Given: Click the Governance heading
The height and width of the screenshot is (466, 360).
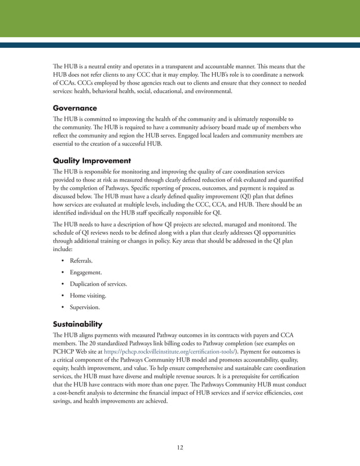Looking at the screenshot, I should coord(74,108).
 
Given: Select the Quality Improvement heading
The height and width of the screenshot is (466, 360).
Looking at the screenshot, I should coord(91,160).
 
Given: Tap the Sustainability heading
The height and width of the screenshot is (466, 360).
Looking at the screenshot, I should coord(77,324).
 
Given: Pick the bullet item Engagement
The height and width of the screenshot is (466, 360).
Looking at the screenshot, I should coord(86,272).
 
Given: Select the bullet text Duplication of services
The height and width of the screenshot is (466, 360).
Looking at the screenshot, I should coord(98,284).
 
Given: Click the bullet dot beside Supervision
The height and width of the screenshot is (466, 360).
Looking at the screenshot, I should coord(62,307).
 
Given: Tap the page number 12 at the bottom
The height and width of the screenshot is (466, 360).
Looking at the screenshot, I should coord(179,447).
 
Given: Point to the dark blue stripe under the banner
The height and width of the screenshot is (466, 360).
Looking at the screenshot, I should coord(179,45).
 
